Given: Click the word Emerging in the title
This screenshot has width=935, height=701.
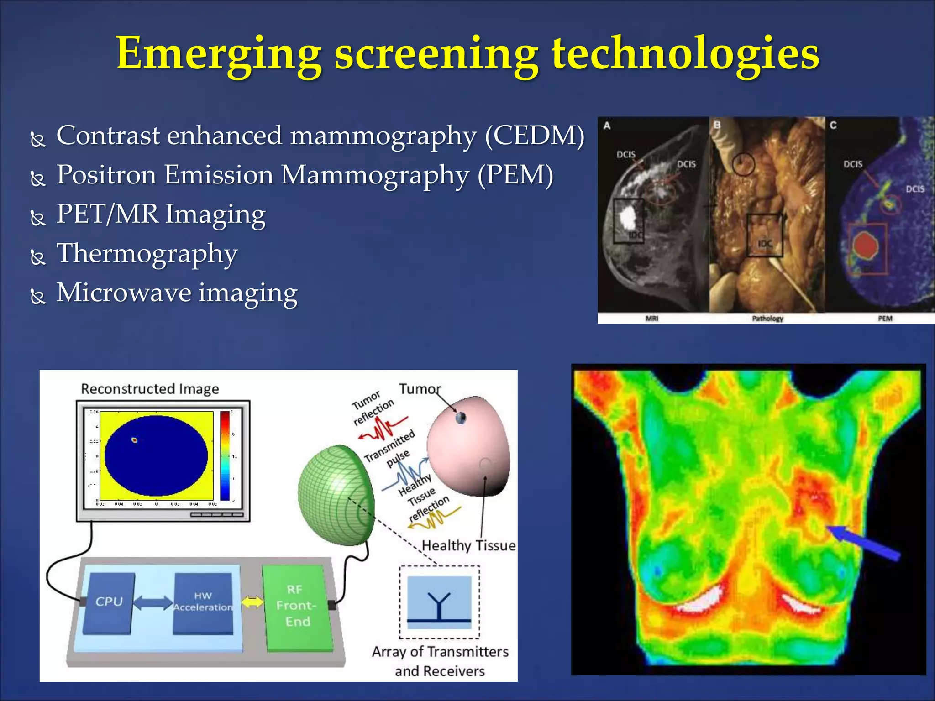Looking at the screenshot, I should coord(219,54).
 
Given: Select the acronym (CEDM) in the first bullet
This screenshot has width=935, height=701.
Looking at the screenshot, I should coord(534,136).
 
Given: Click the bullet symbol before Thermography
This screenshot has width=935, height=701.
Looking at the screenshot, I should coord(38,257).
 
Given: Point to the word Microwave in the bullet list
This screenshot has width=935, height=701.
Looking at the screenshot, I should coord(123,293).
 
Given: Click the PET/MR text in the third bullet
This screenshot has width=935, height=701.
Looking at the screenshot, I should coord(107,214).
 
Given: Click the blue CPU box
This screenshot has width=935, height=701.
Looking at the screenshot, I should coord(109,602).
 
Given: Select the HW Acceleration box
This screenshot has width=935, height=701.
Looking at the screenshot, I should coord(203,602).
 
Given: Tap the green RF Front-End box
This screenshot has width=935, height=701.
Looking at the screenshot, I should coord(297,606).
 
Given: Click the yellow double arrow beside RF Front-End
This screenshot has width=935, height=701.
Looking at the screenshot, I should coord(252,602).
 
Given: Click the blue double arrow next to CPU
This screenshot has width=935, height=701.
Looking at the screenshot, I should coord(153,602).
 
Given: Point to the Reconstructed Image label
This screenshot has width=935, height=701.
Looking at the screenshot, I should coord(150,389).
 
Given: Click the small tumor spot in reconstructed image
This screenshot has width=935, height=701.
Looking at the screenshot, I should coord(134,440).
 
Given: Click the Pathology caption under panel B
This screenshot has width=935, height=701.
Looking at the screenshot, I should coord(767,319).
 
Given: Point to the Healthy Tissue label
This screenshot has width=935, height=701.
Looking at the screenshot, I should coord(468,545).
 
